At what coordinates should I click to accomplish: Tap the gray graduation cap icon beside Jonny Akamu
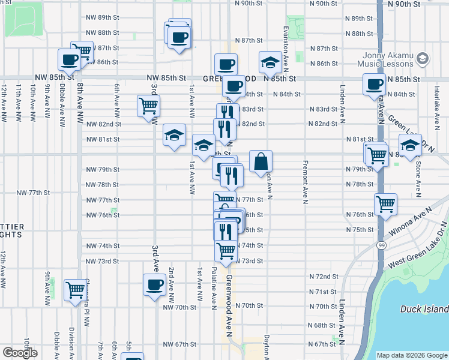click(x=422, y=59)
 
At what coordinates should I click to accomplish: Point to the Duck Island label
click(x=424, y=309)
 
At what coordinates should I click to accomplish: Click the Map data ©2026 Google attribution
click(x=411, y=355)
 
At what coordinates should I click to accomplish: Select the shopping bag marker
click(x=261, y=161)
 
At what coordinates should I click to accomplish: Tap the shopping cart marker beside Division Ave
click(x=75, y=290)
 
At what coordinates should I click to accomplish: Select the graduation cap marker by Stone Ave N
click(x=410, y=145)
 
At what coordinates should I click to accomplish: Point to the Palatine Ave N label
click(x=214, y=288)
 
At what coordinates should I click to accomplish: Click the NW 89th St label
click(x=103, y=18)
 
